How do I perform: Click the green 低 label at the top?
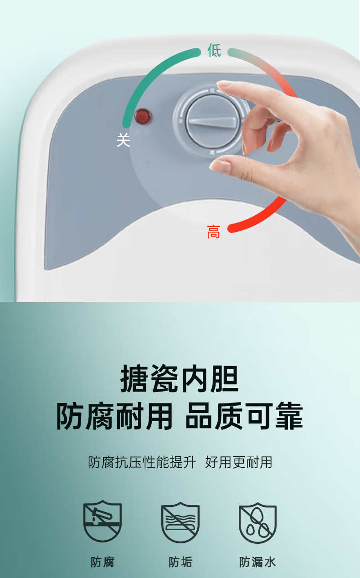pos(214,50)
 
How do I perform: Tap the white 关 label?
pos(123,140)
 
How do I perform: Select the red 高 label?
pos(214,232)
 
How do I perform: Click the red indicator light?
pos(143,116)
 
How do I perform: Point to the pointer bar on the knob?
pos(213,122)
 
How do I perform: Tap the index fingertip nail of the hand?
pos(224,83)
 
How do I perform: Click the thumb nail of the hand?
pos(220,166)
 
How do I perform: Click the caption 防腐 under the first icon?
pos(103,562)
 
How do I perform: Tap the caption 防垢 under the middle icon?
pos(180,562)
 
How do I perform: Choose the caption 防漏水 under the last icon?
pos(257,562)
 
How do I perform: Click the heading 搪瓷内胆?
pos(180,378)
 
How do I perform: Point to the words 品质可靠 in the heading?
pos(244,416)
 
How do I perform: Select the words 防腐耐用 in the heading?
pos(114,416)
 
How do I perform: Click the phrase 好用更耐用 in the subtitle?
pos(239,462)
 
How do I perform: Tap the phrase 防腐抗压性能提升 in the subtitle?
pos(142,462)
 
